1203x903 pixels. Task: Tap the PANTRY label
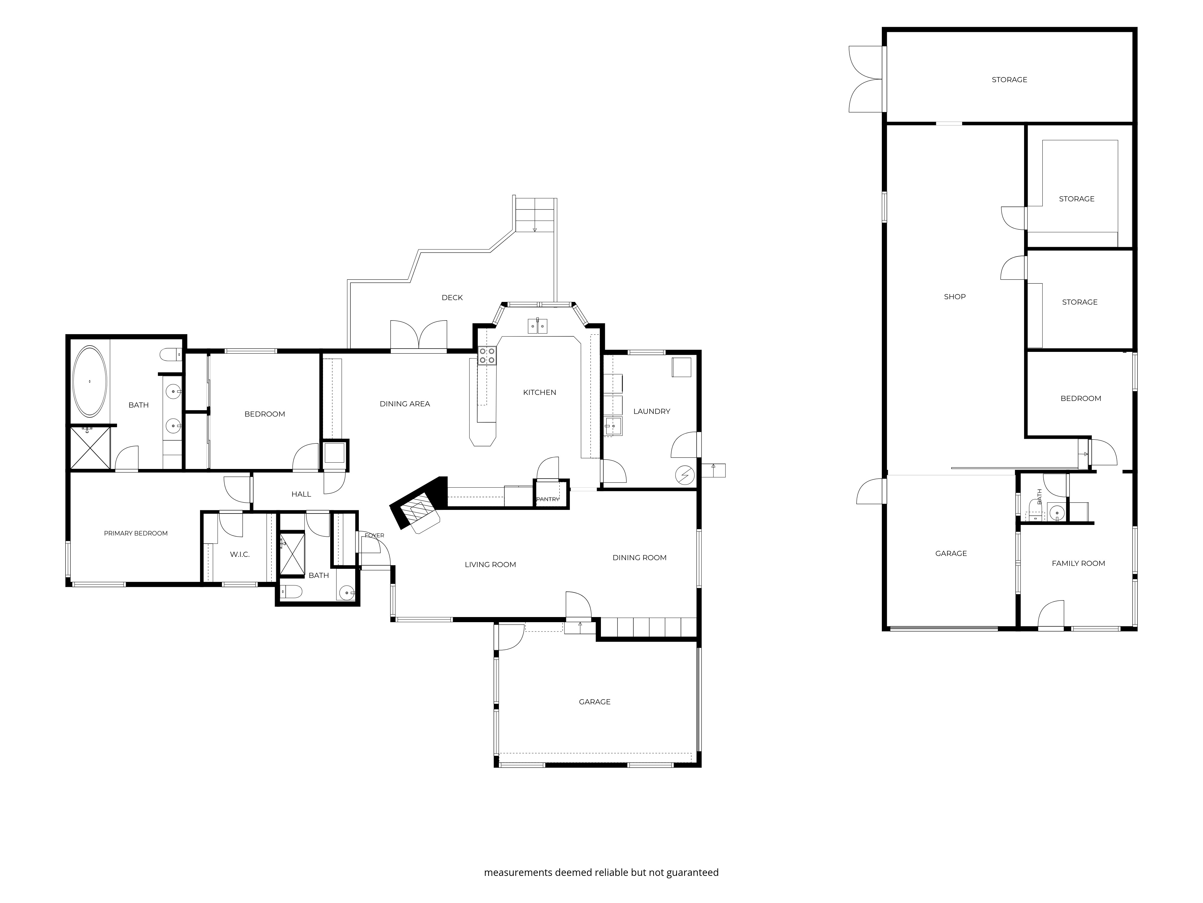[x=548, y=499]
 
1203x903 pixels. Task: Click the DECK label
[x=452, y=298]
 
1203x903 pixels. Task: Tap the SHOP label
[x=955, y=297]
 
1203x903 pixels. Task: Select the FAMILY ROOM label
[x=1078, y=563]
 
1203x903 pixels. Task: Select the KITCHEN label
[x=540, y=393]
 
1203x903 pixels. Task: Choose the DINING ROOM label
[x=640, y=557]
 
